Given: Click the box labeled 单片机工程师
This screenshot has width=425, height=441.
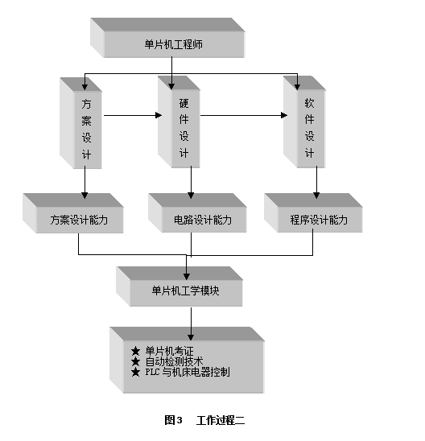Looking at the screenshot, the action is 167,38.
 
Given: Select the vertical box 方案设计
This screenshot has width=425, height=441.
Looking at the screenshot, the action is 80,123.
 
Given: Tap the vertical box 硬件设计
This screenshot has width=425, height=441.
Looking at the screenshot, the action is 179,122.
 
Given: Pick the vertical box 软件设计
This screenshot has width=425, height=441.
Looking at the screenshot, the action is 304,122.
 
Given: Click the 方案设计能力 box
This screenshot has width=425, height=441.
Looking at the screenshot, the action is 73,213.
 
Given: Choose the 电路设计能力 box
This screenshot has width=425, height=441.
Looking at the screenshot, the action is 197,212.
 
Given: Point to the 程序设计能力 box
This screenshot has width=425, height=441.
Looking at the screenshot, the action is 313,212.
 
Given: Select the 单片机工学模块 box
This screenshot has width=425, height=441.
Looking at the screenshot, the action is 179,286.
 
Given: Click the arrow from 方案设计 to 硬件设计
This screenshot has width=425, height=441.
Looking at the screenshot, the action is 133,115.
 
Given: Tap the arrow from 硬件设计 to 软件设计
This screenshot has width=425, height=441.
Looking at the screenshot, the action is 244,115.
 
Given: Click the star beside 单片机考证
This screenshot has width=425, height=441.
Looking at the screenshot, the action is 135,351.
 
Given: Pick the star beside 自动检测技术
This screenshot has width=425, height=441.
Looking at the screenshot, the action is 135,361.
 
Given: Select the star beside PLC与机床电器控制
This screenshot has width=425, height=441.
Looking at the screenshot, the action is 135,373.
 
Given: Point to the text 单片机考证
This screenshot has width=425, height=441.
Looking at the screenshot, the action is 169,351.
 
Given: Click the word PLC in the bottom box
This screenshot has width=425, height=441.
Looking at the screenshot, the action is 152,372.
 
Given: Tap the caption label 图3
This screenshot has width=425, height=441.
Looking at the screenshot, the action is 173,420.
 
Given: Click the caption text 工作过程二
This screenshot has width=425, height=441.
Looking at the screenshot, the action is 221,420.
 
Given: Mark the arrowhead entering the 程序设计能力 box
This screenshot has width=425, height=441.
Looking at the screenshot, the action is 316,196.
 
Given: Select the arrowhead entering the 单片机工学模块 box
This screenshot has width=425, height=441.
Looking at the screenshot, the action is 186,277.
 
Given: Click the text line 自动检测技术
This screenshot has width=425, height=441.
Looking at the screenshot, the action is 174,361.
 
